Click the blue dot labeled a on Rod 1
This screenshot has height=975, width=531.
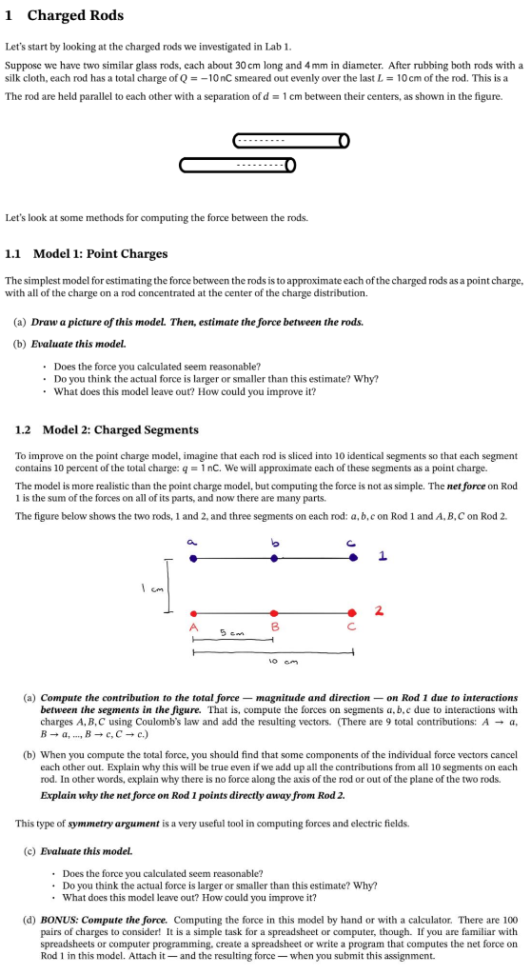[x=193, y=559]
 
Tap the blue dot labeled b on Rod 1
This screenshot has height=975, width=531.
[x=274, y=559]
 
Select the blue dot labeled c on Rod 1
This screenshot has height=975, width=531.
[x=354, y=559]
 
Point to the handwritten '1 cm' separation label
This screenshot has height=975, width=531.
[x=152, y=587]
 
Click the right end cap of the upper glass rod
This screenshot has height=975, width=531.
[x=344, y=141]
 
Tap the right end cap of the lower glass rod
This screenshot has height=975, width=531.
[x=290, y=166]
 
